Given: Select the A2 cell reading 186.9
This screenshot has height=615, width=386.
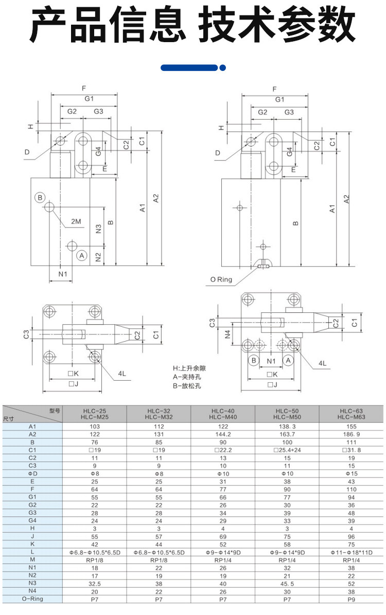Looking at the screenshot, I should click(x=352, y=434).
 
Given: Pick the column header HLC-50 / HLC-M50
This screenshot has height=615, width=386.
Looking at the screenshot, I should click(x=288, y=414).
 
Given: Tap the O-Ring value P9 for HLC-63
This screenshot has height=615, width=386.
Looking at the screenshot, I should click(x=352, y=599).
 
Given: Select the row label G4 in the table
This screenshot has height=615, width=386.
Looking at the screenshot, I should click(x=32, y=520).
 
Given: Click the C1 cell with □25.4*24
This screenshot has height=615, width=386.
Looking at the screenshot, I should click(x=288, y=450).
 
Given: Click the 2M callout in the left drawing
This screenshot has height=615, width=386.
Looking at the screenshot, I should click(x=76, y=221).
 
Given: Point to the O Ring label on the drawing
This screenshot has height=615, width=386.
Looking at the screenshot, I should click(x=221, y=280).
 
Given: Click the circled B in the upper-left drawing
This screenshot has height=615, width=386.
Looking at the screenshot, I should click(x=40, y=198).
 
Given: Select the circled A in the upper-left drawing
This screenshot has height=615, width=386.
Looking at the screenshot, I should click(x=81, y=255).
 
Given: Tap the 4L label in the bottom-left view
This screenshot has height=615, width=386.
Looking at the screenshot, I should click(x=122, y=373).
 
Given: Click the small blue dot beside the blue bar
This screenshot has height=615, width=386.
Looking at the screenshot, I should click(x=223, y=67).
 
